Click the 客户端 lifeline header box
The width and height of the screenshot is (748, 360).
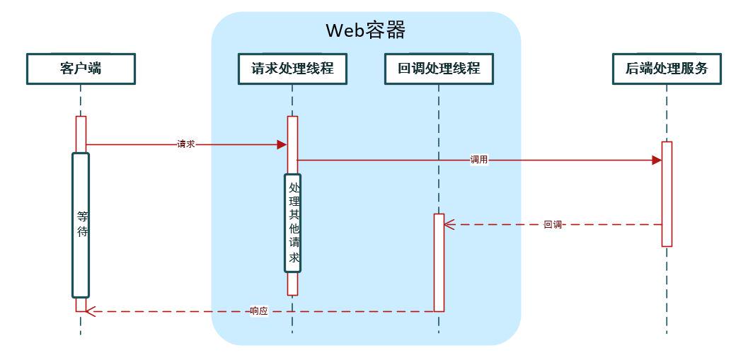click(81, 69)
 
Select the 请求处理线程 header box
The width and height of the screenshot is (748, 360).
click(292, 69)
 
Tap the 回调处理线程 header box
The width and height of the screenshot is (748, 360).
click(439, 69)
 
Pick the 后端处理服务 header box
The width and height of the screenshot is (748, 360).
click(667, 69)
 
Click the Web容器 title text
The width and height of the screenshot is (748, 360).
click(365, 30)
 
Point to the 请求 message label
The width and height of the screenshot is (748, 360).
click(185, 144)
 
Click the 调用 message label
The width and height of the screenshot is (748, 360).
click(479, 160)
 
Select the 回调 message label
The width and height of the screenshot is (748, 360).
click(553, 225)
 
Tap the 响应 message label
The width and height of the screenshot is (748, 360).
click(259, 311)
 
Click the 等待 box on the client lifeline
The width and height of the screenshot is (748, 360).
click(81, 225)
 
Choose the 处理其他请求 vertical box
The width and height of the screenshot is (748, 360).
click(293, 223)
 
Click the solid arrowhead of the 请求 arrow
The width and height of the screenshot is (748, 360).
click(282, 144)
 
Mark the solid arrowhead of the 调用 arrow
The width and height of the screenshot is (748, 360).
click(656, 160)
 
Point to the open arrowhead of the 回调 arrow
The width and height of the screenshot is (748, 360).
click(449, 225)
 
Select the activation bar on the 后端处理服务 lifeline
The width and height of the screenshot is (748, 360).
click(667, 194)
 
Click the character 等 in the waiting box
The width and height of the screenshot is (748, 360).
click(81, 217)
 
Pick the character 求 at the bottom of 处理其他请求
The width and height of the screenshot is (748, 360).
click(294, 257)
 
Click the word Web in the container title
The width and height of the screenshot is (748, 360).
click(345, 30)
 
